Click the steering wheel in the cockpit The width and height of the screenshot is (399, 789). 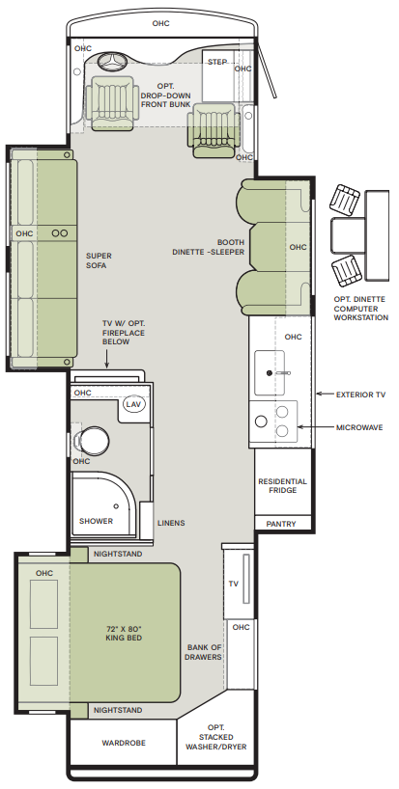click(x=112, y=62)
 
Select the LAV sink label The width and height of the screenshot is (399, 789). click(x=133, y=404)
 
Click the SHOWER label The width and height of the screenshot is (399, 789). click(x=97, y=521)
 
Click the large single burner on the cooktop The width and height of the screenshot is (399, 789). click(x=261, y=421)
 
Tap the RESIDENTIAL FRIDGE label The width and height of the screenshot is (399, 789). click(x=283, y=485)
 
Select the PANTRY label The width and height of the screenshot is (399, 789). click(x=281, y=524)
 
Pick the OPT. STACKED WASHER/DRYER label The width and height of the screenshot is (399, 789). click(x=216, y=737)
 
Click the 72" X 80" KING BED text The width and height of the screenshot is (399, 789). click(x=124, y=634)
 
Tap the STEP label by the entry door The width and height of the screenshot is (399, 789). click(x=217, y=62)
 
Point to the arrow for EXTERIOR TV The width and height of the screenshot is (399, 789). click(x=324, y=394)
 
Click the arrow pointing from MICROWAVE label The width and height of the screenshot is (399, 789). click(x=314, y=427)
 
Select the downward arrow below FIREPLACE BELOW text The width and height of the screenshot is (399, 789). click(x=107, y=359)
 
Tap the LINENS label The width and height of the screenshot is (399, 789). click(x=171, y=523)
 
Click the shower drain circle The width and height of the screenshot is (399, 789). click(x=116, y=505)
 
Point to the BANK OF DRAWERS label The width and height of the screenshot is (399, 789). click(x=203, y=652)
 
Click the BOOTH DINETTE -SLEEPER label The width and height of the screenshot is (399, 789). click(x=208, y=247)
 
